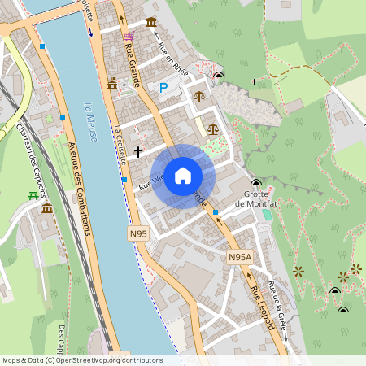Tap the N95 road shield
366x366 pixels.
[x=137, y=233]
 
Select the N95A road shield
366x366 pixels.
[x=239, y=257]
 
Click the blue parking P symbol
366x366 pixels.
[x=163, y=87]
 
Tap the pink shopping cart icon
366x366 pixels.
[x=129, y=36]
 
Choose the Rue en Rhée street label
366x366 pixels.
[x=172, y=59]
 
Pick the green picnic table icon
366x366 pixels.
[x=33, y=195]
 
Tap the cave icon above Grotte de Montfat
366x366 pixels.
[x=257, y=183]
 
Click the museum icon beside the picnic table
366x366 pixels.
[x=47, y=210]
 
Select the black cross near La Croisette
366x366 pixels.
[x=138, y=151]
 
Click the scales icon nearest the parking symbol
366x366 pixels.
[x=198, y=95]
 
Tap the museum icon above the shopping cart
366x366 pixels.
[x=152, y=23]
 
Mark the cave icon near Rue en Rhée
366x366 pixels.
[x=218, y=77]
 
